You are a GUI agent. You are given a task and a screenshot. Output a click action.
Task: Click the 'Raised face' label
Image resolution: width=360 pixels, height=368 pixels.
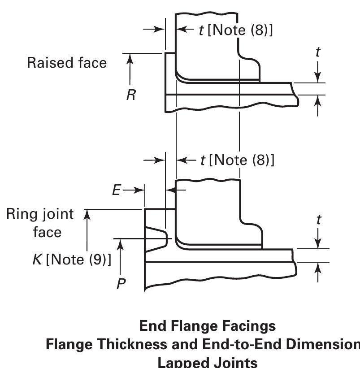67,63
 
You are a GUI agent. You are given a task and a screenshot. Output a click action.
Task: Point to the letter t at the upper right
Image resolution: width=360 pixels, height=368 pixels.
318,52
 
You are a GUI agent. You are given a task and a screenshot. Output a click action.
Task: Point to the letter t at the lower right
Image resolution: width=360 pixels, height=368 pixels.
318,220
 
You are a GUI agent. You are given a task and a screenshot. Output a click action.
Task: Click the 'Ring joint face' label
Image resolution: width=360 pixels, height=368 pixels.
40,223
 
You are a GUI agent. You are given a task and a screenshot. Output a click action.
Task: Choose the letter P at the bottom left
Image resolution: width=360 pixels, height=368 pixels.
120,284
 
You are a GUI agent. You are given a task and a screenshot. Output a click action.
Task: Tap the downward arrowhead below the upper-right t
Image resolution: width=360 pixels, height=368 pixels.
318,78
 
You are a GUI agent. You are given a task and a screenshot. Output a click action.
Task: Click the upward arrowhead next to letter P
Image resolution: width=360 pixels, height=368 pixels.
120,243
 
